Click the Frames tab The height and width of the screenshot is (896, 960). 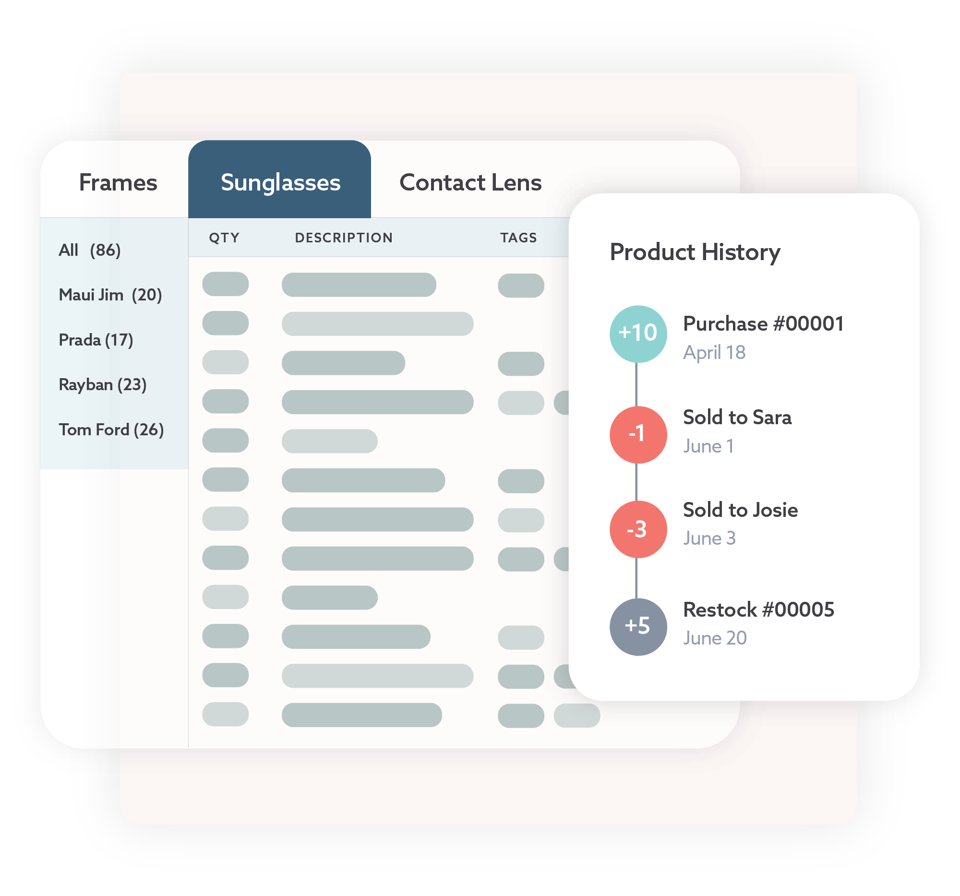(x=118, y=182)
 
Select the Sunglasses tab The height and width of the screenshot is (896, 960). (x=280, y=182)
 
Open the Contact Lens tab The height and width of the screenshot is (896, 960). (x=470, y=182)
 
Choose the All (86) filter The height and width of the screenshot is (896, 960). (x=89, y=250)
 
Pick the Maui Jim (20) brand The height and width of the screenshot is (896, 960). (x=110, y=295)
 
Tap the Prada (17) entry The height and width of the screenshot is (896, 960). (x=96, y=340)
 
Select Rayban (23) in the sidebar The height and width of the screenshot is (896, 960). (x=102, y=385)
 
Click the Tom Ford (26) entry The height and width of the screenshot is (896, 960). (x=111, y=430)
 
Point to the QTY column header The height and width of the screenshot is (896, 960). (x=224, y=238)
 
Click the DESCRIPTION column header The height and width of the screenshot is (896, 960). (x=344, y=238)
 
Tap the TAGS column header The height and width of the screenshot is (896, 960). (x=518, y=238)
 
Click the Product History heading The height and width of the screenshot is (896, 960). (x=695, y=252)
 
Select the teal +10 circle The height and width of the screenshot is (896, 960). (x=638, y=334)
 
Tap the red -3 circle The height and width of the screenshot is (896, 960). (x=638, y=529)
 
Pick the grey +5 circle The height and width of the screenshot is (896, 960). (x=638, y=627)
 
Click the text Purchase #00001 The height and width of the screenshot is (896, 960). (x=763, y=323)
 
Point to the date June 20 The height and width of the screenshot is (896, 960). (x=715, y=638)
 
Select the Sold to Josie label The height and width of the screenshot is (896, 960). (x=740, y=510)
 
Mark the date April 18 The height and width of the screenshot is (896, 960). (x=714, y=352)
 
